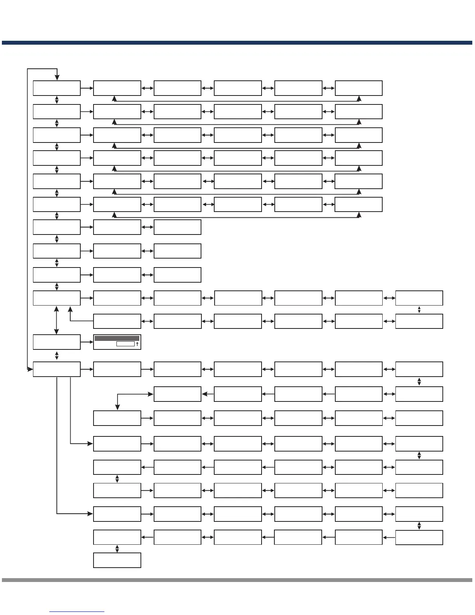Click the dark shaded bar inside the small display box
click(117, 338)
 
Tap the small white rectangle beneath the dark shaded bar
click(125, 344)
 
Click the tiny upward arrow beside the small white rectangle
click(137, 344)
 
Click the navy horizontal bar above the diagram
click(237, 43)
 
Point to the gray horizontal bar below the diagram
click(237, 580)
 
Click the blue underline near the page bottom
click(77, 612)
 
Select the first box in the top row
click(57, 88)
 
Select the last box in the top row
click(359, 88)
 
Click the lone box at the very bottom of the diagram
click(117, 560)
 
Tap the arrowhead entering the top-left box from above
click(57, 78)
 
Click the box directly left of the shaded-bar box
click(57, 342)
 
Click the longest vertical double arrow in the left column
click(57, 320)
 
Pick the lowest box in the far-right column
click(419, 537)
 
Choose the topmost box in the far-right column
click(419, 298)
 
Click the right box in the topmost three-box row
click(177, 227)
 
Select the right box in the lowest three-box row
click(177, 275)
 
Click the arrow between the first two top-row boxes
click(87, 88)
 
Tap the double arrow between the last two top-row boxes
click(328, 88)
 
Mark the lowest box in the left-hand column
click(57, 369)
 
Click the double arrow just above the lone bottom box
click(117, 549)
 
